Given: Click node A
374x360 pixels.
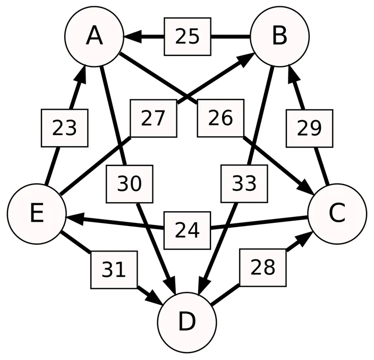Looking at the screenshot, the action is (x=94, y=37).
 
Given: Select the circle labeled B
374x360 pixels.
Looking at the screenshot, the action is (x=279, y=37).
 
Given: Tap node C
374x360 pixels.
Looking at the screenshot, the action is (x=337, y=214).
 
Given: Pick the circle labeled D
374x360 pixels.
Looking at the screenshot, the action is (x=187, y=322).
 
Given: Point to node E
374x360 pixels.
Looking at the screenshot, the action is (x=37, y=214).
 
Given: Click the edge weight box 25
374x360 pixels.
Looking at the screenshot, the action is (x=187, y=37).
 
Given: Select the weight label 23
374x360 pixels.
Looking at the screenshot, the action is (x=64, y=128).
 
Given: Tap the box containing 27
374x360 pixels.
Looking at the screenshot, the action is (x=154, y=119).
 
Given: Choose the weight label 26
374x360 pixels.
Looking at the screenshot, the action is (x=220, y=118).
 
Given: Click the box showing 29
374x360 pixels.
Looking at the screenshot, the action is (x=309, y=128).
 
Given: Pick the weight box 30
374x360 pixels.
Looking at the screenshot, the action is (x=129, y=184).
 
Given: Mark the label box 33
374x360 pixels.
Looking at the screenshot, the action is (x=244, y=183).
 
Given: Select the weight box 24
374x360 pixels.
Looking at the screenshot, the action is (x=187, y=230).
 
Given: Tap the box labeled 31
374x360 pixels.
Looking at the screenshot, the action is (x=114, y=270).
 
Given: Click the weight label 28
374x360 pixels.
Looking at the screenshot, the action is (x=263, y=267).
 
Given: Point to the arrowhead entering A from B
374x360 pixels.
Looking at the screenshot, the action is (x=132, y=37).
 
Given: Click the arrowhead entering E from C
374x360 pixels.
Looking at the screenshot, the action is (x=75, y=219).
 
